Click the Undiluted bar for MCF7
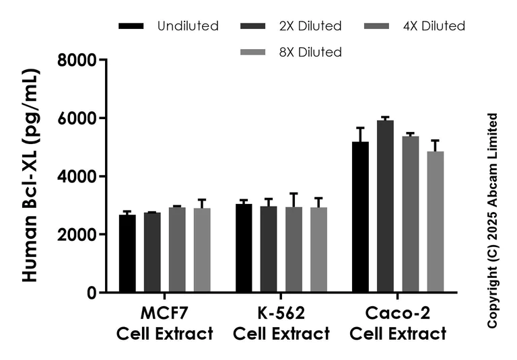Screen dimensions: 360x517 pos(127,254)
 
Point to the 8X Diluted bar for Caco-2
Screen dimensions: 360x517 pos(435,222)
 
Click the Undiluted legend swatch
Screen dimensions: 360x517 pos(131,26)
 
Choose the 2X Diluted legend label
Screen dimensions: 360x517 pos(310,26)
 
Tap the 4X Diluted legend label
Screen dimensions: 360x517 pos(434,26)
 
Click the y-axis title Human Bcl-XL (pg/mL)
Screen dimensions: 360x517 pos(31,176)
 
